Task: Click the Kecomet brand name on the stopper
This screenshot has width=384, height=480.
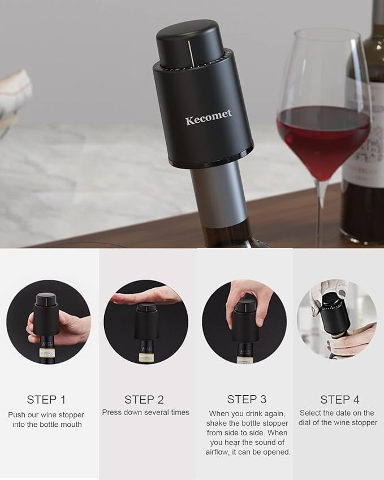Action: click(208, 120)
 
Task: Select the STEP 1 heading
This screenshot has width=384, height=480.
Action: click(46, 400)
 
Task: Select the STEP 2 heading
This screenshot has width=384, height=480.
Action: click(144, 400)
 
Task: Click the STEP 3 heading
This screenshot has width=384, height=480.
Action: click(247, 400)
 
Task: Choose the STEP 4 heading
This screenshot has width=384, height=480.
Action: click(339, 400)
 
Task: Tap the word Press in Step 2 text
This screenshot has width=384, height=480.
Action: click(113, 412)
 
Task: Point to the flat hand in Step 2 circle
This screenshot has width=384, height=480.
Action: click(146, 296)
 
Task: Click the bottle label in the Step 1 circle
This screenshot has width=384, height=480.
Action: click(46, 353)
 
